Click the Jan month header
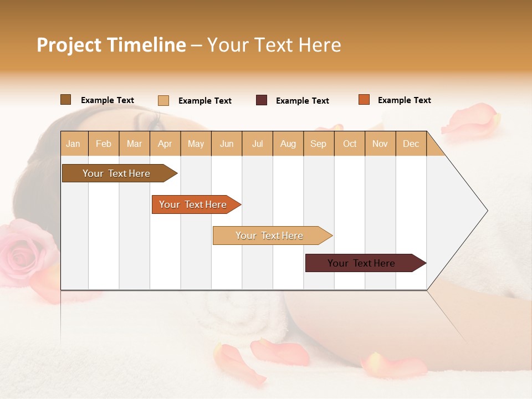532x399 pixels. (73, 144)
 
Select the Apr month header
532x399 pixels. (165, 144)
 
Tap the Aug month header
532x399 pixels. (288, 144)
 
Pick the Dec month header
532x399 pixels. (411, 144)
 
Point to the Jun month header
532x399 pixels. (227, 144)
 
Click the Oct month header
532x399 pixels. (350, 144)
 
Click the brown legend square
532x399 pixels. (65, 100)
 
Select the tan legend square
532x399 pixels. (163, 100)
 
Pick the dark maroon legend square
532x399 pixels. (261, 100)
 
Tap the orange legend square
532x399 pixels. (364, 100)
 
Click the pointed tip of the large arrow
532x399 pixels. (487, 211)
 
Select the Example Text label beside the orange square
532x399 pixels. (404, 100)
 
